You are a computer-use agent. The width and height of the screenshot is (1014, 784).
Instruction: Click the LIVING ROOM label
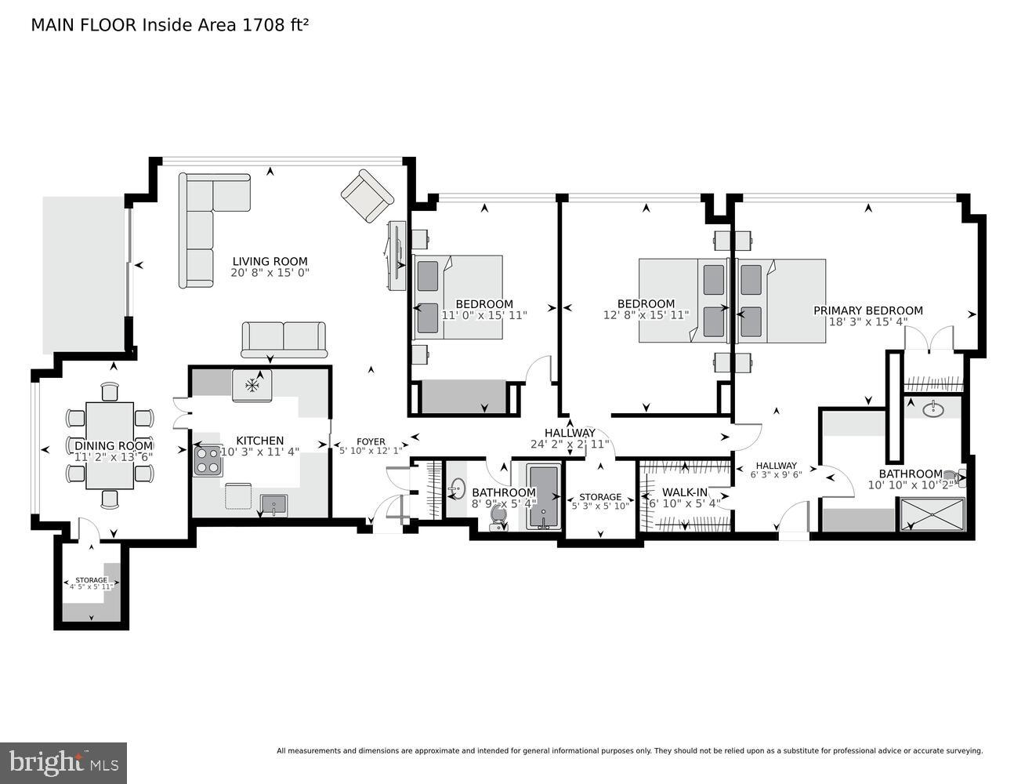[270, 262]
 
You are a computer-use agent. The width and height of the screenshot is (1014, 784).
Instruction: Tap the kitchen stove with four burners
[208, 460]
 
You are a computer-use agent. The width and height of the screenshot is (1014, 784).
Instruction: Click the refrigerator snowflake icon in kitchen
[252, 385]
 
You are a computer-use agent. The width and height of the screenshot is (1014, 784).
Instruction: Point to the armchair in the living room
[367, 196]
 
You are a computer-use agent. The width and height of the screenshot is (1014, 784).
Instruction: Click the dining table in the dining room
[110, 445]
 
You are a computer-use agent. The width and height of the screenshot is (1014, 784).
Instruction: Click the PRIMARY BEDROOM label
[867, 310]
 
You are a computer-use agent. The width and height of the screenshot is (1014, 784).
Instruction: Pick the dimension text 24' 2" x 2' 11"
[570, 444]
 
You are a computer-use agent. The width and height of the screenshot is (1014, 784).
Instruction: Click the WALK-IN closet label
[685, 492]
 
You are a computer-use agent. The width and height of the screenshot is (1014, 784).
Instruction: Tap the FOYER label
[371, 441]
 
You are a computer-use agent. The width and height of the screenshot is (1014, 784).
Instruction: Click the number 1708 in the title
[264, 25]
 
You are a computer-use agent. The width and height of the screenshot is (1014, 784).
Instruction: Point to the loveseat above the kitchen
[284, 339]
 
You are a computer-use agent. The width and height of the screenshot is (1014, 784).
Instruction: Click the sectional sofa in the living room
[204, 227]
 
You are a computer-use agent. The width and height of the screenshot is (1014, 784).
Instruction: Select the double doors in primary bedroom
[928, 339]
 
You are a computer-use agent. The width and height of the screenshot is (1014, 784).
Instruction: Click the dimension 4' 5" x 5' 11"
[92, 586]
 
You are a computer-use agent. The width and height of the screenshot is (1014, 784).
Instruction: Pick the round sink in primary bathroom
[933, 408]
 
